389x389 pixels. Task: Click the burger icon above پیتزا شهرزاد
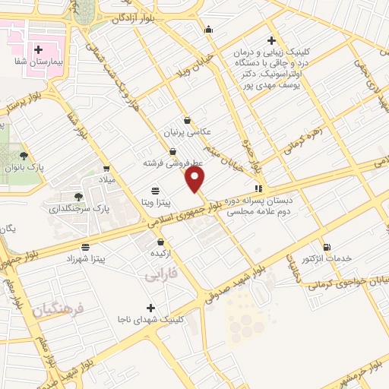[85, 247]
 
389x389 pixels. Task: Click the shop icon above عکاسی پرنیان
[187, 120]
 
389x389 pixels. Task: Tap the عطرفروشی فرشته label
[172, 163]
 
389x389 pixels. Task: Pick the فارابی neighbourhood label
[160, 276]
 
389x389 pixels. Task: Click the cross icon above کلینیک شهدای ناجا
[150, 308]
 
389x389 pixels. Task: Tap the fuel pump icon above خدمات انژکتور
[327, 247]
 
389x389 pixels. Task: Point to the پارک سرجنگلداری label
[80, 207]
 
